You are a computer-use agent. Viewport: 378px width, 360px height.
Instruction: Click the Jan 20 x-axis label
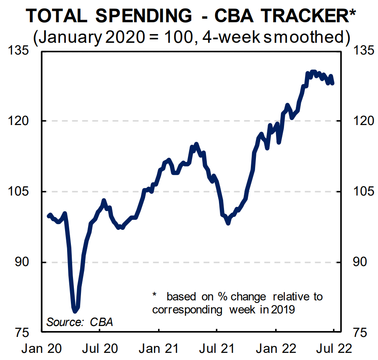pyautogui.click(x=41, y=349)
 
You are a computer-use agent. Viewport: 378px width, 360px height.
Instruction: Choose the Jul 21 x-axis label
pyautogui.click(x=216, y=349)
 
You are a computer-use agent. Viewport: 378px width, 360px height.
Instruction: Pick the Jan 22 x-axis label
pyautogui.click(x=276, y=349)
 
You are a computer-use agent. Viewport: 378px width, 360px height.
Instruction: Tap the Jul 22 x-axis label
pyautogui.click(x=334, y=349)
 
